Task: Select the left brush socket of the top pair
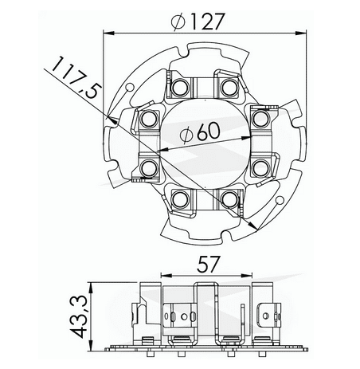pyautogui.click(x=179, y=85)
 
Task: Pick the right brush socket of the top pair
pyautogui.click(x=230, y=85)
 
